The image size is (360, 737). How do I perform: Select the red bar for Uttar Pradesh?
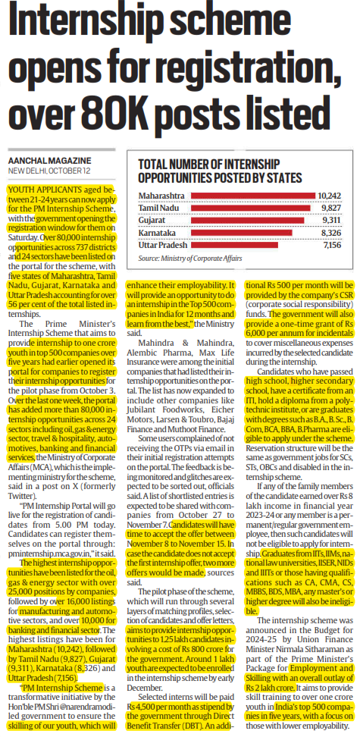234,245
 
